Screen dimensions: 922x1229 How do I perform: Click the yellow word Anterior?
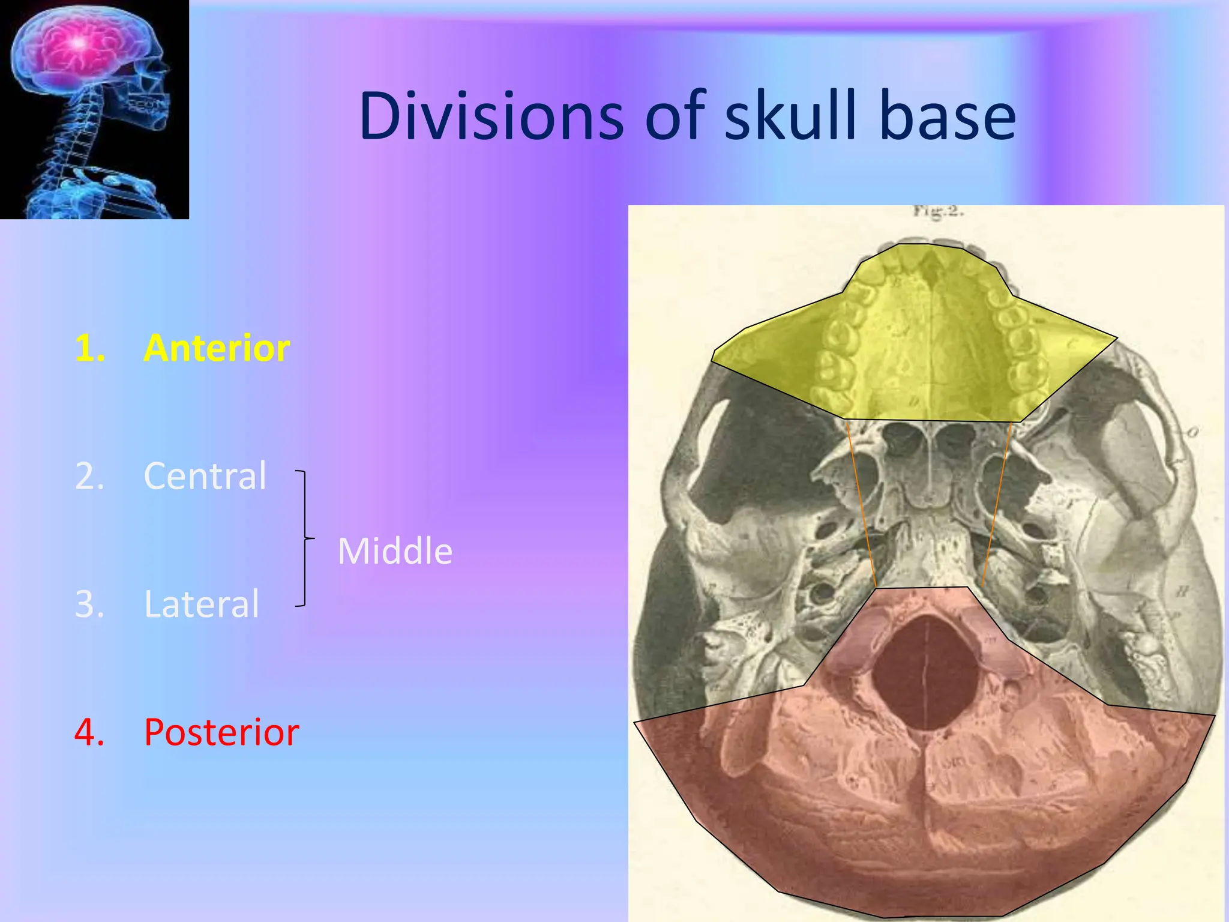pyautogui.click(x=217, y=348)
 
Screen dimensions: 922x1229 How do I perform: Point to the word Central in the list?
pyautogui.click(x=205, y=476)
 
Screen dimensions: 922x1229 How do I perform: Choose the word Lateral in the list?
pyautogui.click(x=202, y=604)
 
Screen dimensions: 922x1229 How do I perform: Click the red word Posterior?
pyautogui.click(x=221, y=732)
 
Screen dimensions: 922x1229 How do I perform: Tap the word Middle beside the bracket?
pyautogui.click(x=395, y=551)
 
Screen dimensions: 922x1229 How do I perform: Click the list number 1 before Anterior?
pyautogui.click(x=89, y=348)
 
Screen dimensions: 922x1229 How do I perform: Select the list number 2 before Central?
pyautogui.click(x=89, y=476)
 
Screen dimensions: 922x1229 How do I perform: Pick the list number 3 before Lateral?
pyautogui.click(x=89, y=604)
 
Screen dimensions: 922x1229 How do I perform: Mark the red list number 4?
pyautogui.click(x=89, y=732)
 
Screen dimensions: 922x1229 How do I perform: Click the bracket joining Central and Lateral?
pyautogui.click(x=305, y=538)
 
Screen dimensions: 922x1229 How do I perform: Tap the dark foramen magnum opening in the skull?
pyautogui.click(x=924, y=672)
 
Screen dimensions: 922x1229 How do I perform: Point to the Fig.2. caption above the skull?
pyautogui.click(x=938, y=211)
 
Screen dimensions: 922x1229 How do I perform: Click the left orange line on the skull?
pyautogui.click(x=861, y=504)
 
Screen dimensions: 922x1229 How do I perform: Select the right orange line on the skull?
pyautogui.click(x=997, y=504)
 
